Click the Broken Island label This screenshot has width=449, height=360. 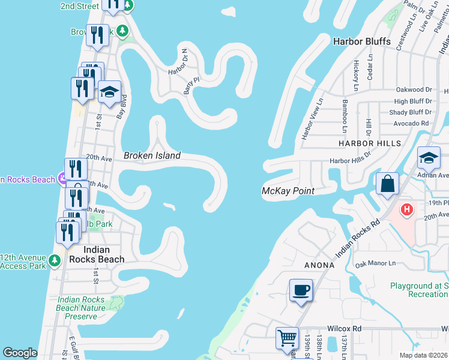click(x=152, y=155)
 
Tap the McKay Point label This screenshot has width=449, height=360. click(x=289, y=191)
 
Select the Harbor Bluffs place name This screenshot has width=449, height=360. click(x=362, y=41)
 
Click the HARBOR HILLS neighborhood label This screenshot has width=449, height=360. click(x=369, y=144)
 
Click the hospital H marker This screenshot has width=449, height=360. click(x=407, y=210)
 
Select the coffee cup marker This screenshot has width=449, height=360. click(x=301, y=290)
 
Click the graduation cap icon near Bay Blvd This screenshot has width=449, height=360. click(x=109, y=92)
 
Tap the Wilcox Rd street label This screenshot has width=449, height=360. click(x=345, y=329)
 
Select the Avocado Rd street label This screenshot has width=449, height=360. click(x=412, y=124)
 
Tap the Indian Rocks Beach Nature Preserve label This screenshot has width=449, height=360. click(x=81, y=308)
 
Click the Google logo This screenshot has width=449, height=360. click(x=20, y=353)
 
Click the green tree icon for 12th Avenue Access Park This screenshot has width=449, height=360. click(x=55, y=260)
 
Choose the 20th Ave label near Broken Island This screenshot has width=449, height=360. click(x=99, y=158)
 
